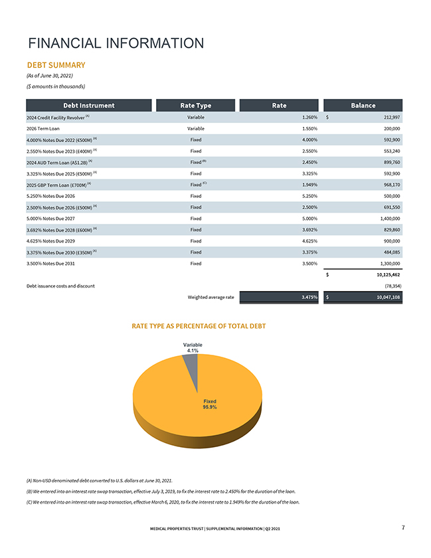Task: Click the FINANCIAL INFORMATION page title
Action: tap(116, 44)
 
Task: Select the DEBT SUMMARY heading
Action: tap(56, 65)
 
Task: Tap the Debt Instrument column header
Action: tap(88, 105)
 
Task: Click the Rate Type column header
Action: tap(195, 105)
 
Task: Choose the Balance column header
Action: tap(363, 105)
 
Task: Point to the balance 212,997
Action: tap(387, 117)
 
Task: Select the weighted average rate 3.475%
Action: tap(307, 298)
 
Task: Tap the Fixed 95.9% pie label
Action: tap(210, 405)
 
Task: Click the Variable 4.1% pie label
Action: tap(193, 347)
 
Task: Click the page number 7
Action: tap(403, 528)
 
